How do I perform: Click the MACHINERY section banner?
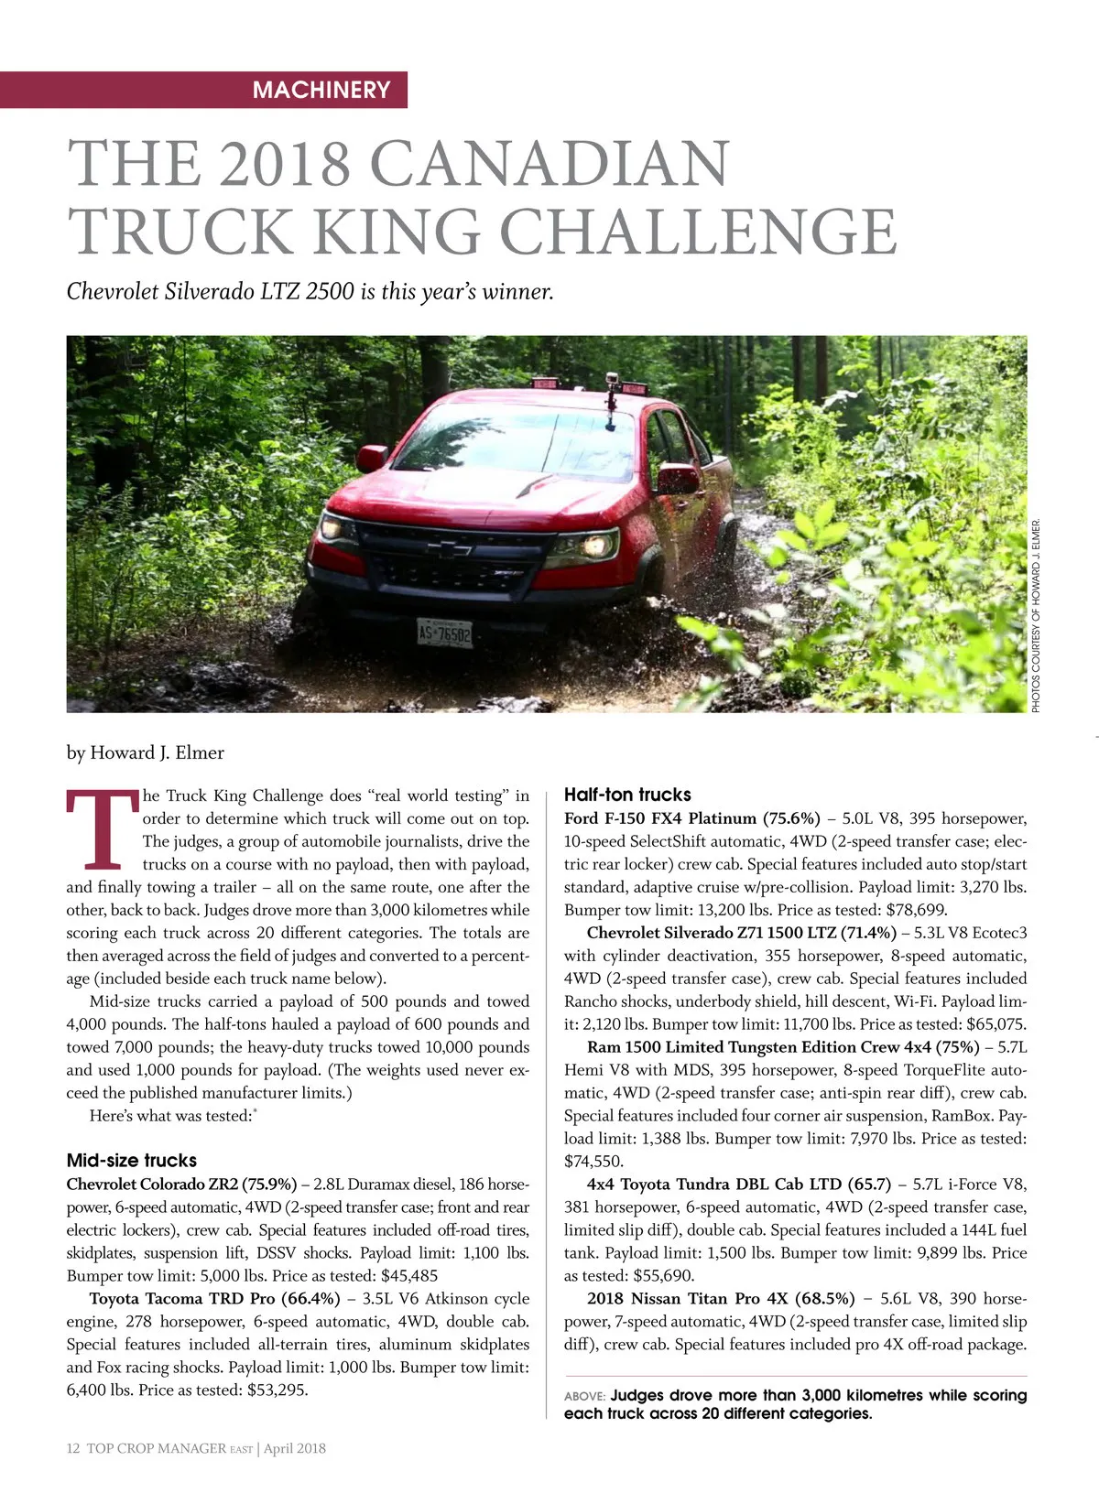point(321,90)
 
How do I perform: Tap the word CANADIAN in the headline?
point(549,165)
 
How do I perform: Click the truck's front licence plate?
point(444,633)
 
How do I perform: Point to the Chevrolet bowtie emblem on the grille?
point(449,548)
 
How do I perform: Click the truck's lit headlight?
point(590,546)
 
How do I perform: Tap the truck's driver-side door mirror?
point(678,478)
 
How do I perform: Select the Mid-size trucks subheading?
point(132,1160)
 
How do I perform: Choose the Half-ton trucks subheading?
point(627,795)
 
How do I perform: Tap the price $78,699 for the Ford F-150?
point(917,910)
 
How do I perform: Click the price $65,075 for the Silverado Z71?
point(996,1024)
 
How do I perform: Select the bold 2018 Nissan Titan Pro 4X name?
point(721,1298)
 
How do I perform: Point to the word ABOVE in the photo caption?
point(583,1396)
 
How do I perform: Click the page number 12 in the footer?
point(73,1448)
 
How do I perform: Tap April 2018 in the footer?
point(295,1448)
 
